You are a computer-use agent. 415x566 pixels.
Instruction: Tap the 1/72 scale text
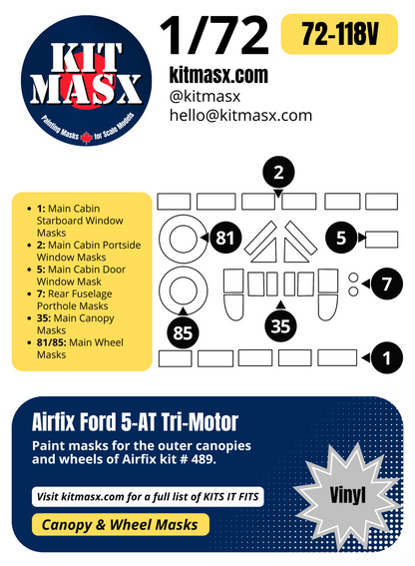point(215,36)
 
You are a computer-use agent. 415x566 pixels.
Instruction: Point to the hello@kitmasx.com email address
point(239,116)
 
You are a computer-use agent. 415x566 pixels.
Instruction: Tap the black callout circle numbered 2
point(279,174)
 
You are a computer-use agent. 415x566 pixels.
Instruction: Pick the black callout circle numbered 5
point(341,238)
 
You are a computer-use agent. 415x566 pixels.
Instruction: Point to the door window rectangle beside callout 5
point(382,238)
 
